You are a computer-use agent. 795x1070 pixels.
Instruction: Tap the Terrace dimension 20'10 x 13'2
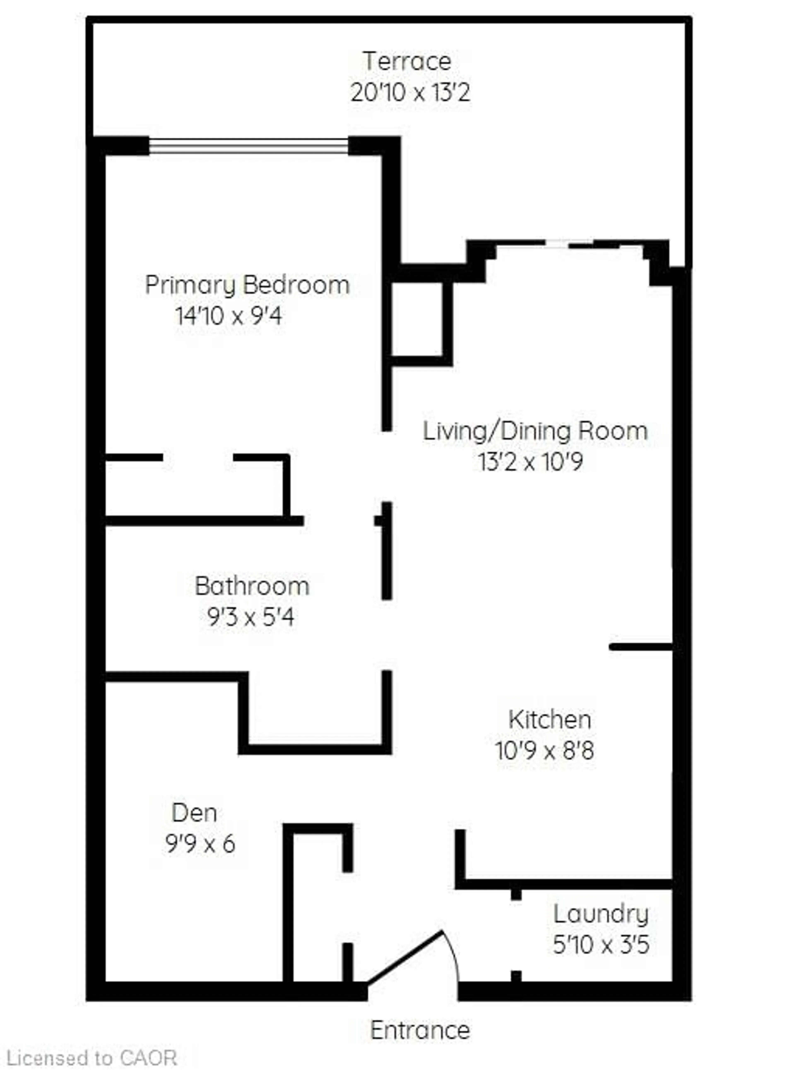[x=410, y=92]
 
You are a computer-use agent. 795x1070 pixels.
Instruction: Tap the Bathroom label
[x=252, y=586]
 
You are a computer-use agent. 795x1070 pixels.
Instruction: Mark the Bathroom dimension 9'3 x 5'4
[x=250, y=617]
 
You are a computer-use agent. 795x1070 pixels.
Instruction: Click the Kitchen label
[x=550, y=720]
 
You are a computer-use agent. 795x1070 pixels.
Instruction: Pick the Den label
[x=194, y=813]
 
